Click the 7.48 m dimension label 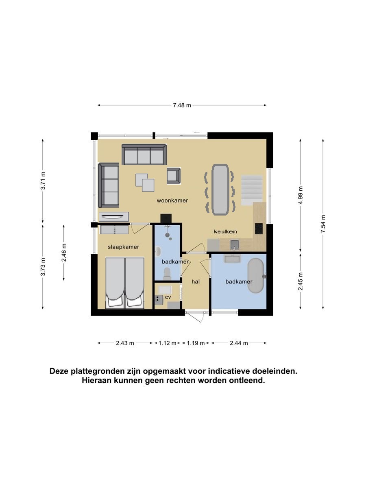(x=182, y=105)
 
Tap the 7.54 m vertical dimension (x=322, y=224)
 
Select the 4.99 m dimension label (x=300, y=195)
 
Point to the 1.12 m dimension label (x=167, y=343)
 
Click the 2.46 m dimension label (x=64, y=253)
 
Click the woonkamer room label (x=172, y=200)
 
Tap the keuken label (x=225, y=231)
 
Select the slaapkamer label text (x=123, y=247)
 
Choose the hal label (x=196, y=282)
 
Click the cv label (x=168, y=297)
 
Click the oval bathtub (x=256, y=276)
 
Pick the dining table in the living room (x=220, y=190)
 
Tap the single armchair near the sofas (x=174, y=176)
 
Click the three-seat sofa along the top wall (x=144, y=154)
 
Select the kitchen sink (x=235, y=244)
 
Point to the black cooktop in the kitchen (x=259, y=229)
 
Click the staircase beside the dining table (x=252, y=190)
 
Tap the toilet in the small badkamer (x=167, y=274)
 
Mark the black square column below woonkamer (x=166, y=218)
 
